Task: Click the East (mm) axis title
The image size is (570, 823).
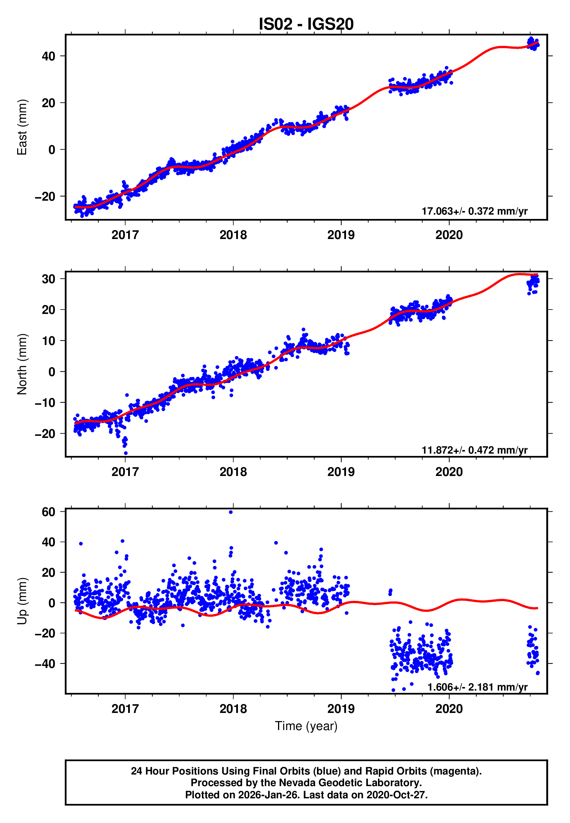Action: (x=22, y=127)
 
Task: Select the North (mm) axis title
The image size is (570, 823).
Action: (x=22, y=364)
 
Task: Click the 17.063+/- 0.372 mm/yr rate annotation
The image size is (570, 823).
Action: (x=474, y=211)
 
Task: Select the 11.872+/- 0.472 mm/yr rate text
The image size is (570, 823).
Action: (x=474, y=450)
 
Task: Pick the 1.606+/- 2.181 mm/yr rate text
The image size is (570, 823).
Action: (x=477, y=687)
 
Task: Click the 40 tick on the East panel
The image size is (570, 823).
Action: (x=48, y=56)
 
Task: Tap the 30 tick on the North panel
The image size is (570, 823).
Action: (x=48, y=279)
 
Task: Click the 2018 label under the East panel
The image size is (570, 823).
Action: (x=233, y=235)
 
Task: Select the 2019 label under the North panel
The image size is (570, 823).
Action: (x=341, y=472)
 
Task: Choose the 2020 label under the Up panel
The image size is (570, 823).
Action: (x=449, y=709)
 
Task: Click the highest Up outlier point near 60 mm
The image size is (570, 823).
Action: (x=231, y=512)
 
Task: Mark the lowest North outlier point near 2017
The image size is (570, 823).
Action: (x=126, y=453)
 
